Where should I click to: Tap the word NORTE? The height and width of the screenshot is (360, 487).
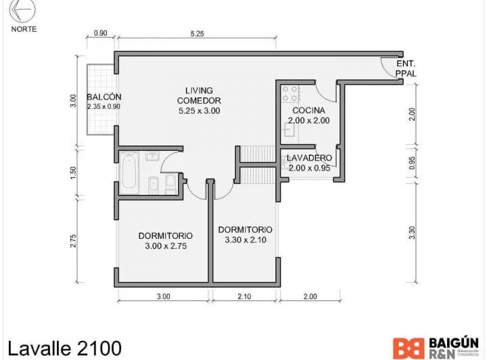click(x=24, y=29)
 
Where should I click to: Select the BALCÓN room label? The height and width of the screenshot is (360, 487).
click(x=103, y=97)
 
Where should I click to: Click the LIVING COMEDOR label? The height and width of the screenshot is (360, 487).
click(x=199, y=100)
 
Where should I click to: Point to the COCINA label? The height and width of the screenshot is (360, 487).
click(x=308, y=110)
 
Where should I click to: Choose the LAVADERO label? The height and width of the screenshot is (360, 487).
click(x=308, y=158)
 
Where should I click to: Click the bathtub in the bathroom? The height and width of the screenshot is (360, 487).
click(x=129, y=169)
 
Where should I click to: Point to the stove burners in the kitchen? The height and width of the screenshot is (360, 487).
click(x=292, y=93)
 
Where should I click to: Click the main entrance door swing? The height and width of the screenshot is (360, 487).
click(x=389, y=68)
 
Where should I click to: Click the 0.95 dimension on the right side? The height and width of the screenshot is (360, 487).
click(x=412, y=163)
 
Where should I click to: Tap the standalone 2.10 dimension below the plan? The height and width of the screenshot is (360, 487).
click(x=246, y=296)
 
